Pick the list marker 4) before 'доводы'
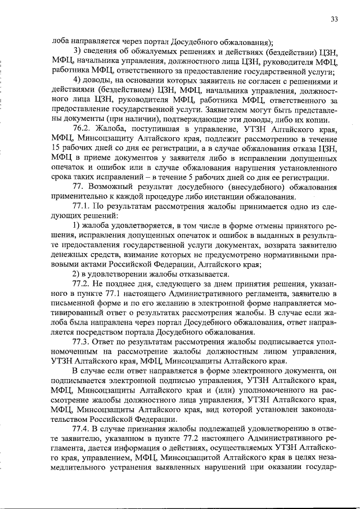coord(78,81)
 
